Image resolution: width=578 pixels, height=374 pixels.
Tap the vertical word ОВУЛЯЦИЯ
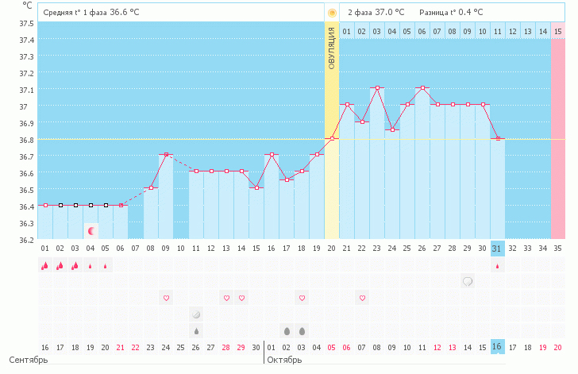click(x=332, y=48)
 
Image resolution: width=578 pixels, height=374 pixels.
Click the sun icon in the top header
click(x=332, y=13)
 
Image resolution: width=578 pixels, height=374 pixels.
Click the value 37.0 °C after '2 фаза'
click(x=388, y=13)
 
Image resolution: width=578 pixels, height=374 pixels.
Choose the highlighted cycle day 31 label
click(x=497, y=249)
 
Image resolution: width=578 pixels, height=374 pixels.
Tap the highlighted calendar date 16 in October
click(x=497, y=347)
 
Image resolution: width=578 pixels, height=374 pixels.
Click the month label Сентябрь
click(x=29, y=360)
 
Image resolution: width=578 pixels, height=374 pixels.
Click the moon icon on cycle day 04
click(x=91, y=230)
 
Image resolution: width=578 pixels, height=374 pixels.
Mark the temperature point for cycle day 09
click(x=166, y=155)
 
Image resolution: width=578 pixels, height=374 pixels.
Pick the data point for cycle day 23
click(x=377, y=88)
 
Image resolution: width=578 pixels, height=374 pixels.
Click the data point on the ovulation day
click(x=332, y=138)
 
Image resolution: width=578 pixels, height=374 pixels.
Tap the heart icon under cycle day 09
click(x=166, y=298)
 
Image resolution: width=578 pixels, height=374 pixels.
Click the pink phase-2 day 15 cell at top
click(x=558, y=31)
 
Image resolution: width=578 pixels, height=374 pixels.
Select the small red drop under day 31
click(x=497, y=266)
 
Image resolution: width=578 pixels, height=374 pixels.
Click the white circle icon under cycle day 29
click(x=468, y=281)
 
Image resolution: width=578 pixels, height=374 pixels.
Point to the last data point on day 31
click(x=497, y=138)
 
